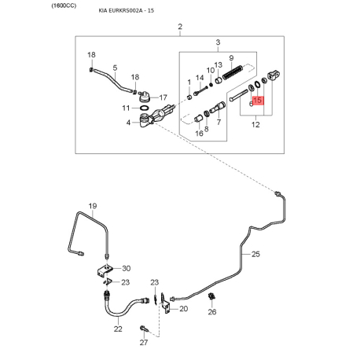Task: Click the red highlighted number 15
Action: (x=257, y=100)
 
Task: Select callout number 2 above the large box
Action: (x=180, y=27)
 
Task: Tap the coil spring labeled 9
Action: (x=233, y=72)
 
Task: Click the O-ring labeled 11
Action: (x=144, y=108)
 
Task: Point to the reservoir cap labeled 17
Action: (x=144, y=97)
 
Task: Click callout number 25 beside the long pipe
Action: (x=255, y=254)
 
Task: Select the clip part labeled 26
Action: (x=211, y=297)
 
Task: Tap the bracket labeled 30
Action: (x=105, y=270)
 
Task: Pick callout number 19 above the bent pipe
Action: (x=93, y=206)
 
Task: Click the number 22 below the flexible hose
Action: (x=118, y=329)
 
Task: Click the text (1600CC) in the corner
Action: (x=64, y=6)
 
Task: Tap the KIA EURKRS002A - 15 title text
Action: (x=127, y=11)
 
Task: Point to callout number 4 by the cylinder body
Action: (x=128, y=123)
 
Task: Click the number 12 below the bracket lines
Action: (x=255, y=124)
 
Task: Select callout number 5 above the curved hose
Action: (x=115, y=68)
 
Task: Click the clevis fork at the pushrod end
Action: (x=274, y=75)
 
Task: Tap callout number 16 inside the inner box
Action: (x=199, y=134)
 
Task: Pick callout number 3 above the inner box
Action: (x=218, y=42)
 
